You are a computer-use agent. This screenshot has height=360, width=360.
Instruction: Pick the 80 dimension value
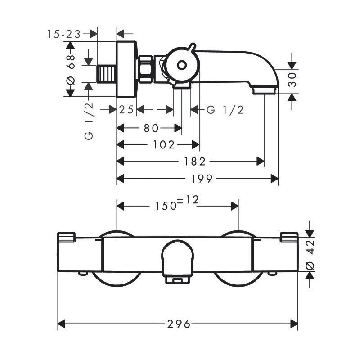click(x=151, y=128)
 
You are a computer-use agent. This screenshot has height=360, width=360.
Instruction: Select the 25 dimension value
click(x=126, y=109)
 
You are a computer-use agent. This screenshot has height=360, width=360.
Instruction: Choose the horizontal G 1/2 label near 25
click(x=225, y=109)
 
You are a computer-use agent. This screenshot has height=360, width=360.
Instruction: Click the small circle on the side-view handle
click(x=181, y=65)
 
